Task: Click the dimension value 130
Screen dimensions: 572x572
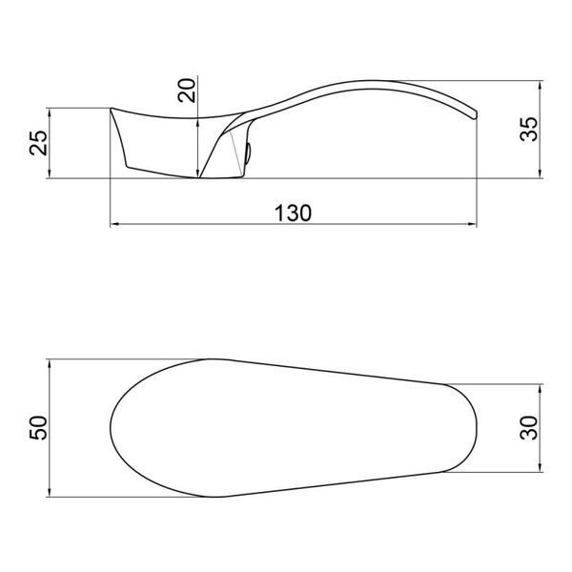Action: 293,214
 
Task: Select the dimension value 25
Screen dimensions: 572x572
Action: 38,143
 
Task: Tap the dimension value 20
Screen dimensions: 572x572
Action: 187,90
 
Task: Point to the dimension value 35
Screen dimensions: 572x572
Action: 528,129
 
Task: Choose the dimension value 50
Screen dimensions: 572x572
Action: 38,427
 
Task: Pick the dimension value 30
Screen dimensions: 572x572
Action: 528,427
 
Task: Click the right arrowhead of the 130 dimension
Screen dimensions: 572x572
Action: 472,224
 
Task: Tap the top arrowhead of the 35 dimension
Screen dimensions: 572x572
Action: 541,86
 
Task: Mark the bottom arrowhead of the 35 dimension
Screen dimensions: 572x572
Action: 541,174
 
